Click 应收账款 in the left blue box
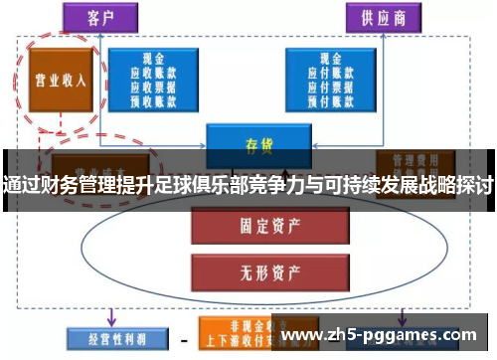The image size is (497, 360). pos(154,73)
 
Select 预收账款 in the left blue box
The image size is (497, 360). pos(154,99)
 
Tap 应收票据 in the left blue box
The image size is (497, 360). pos(154,87)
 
